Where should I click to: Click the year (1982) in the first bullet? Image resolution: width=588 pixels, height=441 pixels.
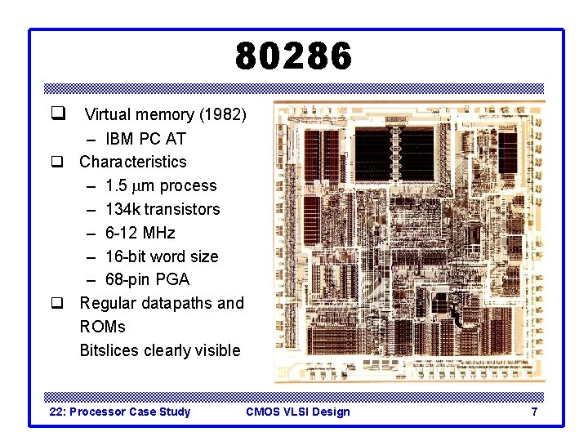point(220,115)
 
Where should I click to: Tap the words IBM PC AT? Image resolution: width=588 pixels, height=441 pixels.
point(145,139)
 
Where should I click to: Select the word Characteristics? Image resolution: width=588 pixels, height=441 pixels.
point(132,162)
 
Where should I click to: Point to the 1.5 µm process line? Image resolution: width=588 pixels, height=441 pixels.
point(161,185)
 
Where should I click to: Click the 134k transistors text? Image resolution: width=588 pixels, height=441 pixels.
point(163,209)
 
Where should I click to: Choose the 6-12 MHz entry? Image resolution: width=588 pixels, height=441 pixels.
point(140,233)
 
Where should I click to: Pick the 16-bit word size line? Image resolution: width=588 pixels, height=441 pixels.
point(162,256)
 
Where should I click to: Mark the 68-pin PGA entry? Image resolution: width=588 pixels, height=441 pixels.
point(147,279)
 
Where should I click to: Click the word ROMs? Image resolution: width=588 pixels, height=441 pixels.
point(102,327)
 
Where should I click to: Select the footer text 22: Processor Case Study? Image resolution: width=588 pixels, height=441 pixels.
point(120,412)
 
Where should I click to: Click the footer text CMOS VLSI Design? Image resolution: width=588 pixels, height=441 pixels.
point(297,412)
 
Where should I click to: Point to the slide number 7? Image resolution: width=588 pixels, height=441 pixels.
point(534,412)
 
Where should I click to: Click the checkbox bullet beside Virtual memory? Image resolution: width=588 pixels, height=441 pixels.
point(58,114)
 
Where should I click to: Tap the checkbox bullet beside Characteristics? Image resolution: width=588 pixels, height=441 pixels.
point(58,163)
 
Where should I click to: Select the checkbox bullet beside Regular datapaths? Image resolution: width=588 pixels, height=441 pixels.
point(58,304)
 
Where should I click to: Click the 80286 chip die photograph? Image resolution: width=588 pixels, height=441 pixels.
point(408,242)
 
